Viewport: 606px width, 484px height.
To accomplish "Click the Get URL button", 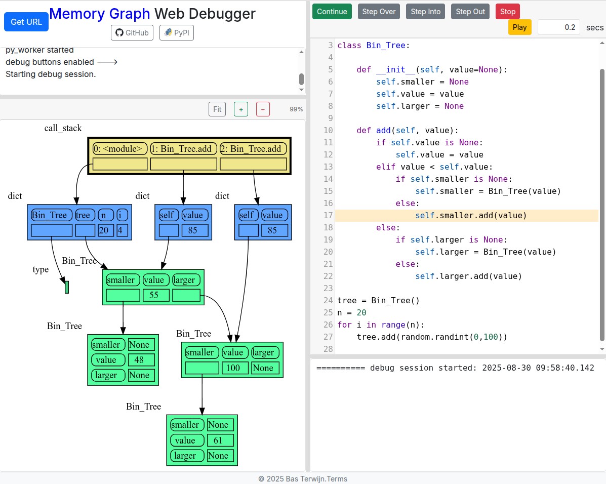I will [26, 22].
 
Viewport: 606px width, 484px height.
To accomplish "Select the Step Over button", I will [379, 12].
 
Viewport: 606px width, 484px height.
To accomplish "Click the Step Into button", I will [425, 12].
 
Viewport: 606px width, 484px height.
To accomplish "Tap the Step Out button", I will [470, 12].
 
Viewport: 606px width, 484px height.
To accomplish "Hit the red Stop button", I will [507, 12].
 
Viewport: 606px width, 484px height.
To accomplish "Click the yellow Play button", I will [519, 27].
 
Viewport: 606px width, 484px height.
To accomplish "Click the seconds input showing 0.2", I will [558, 27].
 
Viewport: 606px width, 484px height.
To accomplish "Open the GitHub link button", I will [132, 33].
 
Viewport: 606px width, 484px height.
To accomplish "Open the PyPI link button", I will [177, 33].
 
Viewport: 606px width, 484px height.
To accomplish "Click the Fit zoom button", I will [217, 109].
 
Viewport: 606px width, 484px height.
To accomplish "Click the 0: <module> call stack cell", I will [120, 149].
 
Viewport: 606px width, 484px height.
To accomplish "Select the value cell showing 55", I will [154, 295].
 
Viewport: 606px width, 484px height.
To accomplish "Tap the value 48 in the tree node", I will [139, 360].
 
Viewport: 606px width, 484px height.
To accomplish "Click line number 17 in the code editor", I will [328, 215].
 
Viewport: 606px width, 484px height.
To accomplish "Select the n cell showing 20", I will [105, 231].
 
